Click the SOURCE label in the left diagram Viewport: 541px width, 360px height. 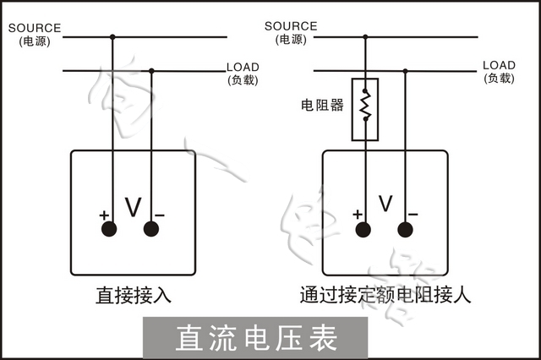click(x=34, y=27)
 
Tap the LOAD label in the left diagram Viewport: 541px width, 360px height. click(x=243, y=67)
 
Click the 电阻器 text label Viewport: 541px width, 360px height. click(x=323, y=106)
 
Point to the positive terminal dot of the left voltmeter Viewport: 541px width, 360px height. click(x=112, y=229)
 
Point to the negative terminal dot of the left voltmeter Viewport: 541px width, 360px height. click(x=152, y=229)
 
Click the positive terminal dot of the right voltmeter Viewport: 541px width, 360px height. click(x=365, y=229)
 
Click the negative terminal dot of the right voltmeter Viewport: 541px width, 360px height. click(x=406, y=229)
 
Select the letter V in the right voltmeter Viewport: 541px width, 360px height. click(x=385, y=204)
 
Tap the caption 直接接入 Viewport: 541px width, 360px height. click(x=134, y=296)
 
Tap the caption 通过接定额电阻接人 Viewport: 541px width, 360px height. click(x=385, y=296)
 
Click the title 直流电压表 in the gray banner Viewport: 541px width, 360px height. click(x=256, y=337)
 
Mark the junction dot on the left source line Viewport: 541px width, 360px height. click(x=112, y=37)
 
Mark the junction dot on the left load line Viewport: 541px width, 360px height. click(x=152, y=71)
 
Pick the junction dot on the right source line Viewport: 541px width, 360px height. click(x=365, y=37)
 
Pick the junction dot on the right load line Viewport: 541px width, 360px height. click(x=406, y=71)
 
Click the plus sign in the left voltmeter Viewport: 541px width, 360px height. click(x=104, y=215)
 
